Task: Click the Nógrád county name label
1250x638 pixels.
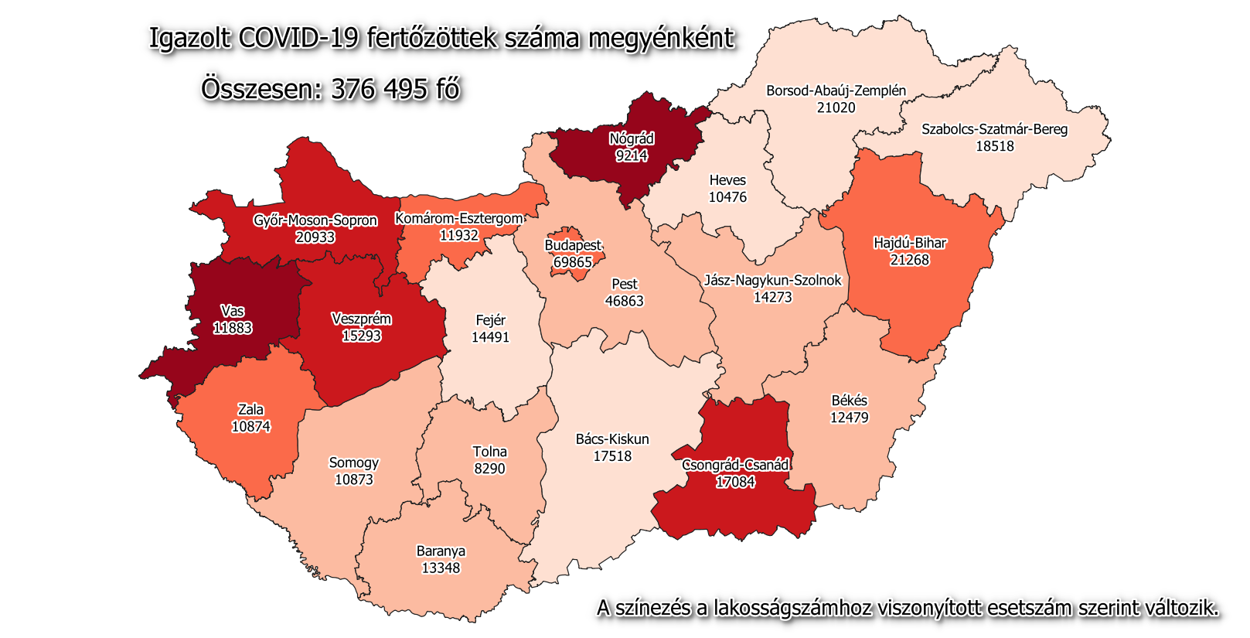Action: click(632, 139)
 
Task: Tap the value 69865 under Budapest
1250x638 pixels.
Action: click(573, 262)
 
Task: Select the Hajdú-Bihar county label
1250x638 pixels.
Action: click(910, 243)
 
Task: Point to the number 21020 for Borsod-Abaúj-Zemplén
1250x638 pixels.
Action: click(836, 107)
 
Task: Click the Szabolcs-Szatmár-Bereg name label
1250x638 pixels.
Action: click(994, 129)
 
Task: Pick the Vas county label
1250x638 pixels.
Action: click(233, 311)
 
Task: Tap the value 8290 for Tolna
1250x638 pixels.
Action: click(489, 469)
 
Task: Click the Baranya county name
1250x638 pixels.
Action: click(441, 551)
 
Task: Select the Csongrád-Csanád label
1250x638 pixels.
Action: click(735, 465)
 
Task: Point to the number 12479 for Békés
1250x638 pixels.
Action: click(849, 418)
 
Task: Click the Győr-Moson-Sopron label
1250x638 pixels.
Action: click(315, 220)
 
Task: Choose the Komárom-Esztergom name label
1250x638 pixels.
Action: click(459, 219)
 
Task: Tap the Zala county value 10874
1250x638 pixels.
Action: click(250, 426)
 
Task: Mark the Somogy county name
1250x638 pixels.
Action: click(354, 462)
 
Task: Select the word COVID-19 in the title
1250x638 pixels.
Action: click(298, 38)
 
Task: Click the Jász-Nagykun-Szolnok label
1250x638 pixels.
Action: click(772, 280)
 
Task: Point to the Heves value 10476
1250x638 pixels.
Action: click(727, 197)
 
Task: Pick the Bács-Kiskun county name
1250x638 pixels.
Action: click(612, 439)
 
